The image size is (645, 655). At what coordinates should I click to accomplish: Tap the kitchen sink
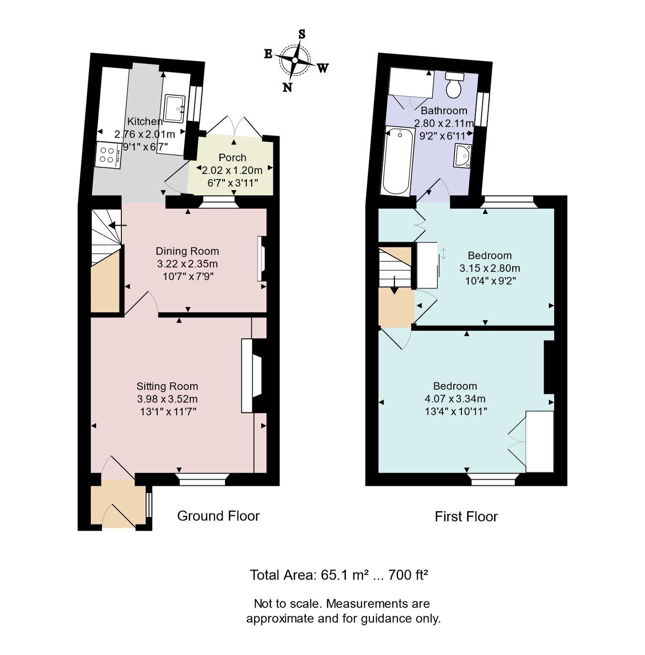(174, 108)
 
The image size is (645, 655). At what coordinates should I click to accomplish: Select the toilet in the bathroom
(453, 85)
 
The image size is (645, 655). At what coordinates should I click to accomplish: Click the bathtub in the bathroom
(398, 161)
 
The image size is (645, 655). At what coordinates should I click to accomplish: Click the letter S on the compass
(302, 34)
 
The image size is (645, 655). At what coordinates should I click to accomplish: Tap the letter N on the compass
(287, 87)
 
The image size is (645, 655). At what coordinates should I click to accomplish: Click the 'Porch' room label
(232, 158)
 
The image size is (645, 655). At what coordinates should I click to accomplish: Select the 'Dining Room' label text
(187, 251)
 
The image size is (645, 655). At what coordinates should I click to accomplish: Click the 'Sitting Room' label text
(167, 387)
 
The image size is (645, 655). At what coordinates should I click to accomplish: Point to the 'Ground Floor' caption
(218, 516)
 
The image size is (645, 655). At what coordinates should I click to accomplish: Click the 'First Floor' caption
(466, 516)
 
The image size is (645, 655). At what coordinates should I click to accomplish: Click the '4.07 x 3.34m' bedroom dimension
(455, 398)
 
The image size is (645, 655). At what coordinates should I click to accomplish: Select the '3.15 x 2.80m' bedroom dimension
(490, 268)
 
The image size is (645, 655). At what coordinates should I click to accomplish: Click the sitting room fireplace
(252, 376)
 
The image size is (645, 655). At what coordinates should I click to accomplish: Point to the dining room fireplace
(261, 258)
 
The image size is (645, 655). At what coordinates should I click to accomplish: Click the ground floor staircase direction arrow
(117, 225)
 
